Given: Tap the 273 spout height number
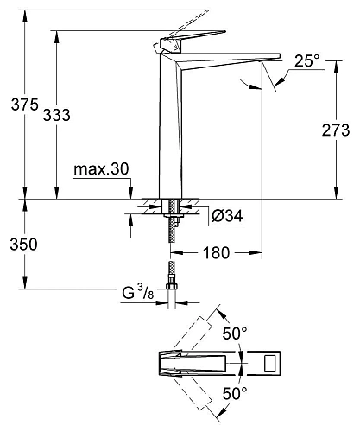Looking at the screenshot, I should click(335, 130).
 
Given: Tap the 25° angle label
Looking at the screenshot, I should click(306, 60).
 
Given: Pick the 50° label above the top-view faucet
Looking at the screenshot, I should click(236, 333).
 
